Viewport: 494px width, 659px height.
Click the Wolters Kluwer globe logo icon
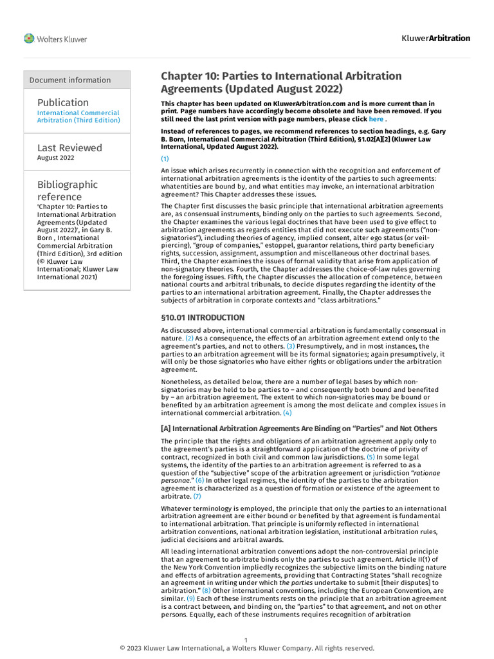click(29, 39)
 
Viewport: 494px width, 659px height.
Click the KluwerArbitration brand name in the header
click(435, 38)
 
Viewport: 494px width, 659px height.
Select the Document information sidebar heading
click(70, 80)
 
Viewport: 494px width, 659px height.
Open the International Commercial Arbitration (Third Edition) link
click(78, 116)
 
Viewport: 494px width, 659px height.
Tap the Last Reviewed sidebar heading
click(69, 147)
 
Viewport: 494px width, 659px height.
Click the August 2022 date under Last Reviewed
click(55, 158)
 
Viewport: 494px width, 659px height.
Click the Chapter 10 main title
click(281, 82)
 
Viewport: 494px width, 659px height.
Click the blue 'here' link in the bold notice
click(376, 119)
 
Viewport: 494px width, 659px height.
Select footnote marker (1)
click(165, 158)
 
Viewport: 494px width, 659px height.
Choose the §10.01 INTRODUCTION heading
click(203, 317)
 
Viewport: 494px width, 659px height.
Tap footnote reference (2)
click(189, 338)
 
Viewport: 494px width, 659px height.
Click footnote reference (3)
click(291, 346)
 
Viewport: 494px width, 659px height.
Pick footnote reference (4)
click(287, 413)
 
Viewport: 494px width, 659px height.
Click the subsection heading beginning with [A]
click(298, 429)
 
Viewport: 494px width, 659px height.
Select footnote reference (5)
click(370, 456)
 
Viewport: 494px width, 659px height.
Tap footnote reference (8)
click(206, 590)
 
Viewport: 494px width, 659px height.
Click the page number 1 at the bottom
click(246, 640)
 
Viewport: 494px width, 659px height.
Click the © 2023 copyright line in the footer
click(247, 648)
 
